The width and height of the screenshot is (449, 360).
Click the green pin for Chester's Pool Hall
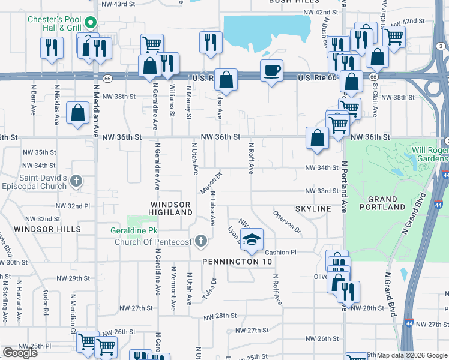(91, 23)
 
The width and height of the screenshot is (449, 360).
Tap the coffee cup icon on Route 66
(271, 71)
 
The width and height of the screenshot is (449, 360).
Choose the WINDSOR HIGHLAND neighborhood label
(170, 209)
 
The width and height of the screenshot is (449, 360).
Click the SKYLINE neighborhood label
(313, 208)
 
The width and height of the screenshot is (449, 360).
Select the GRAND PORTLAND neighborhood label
(382, 203)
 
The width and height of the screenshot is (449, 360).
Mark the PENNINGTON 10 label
(237, 262)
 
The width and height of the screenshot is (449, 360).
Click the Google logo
(20, 353)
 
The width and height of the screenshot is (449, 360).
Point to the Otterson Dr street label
(287, 221)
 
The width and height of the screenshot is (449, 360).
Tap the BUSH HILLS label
(286, 2)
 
